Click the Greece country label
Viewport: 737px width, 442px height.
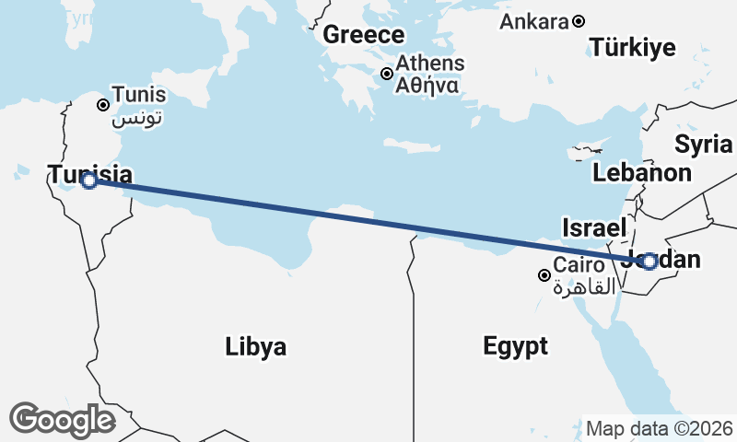click(x=363, y=35)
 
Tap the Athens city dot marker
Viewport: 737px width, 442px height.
click(x=388, y=74)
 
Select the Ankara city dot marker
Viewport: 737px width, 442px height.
click(x=579, y=21)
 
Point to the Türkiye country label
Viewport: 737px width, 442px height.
click(x=633, y=48)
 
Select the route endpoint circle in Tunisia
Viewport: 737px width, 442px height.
click(x=88, y=181)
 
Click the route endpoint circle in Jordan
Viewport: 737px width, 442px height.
click(x=649, y=262)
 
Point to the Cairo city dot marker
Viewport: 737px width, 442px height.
click(x=544, y=274)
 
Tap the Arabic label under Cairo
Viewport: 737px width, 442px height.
click(x=584, y=288)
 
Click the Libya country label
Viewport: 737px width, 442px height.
click(x=255, y=347)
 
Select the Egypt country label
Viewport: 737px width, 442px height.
click(x=515, y=346)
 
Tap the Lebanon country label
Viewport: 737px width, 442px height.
click(x=641, y=172)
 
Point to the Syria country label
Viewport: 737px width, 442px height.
click(x=703, y=144)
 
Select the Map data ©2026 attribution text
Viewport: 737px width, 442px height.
click(x=659, y=429)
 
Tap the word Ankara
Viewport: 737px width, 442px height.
click(x=532, y=21)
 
